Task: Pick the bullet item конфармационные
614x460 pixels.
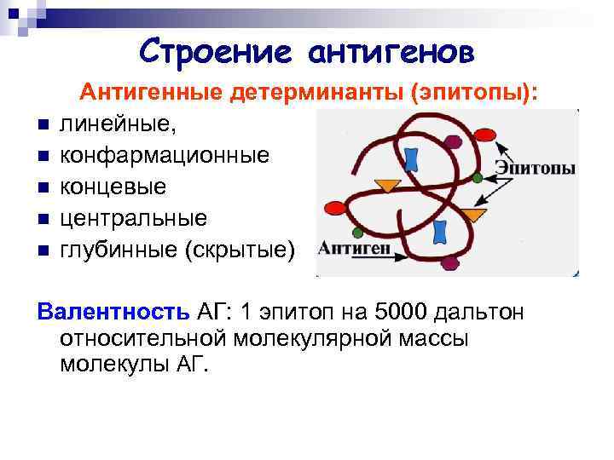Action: point(165,156)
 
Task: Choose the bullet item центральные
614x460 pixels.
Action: point(133,218)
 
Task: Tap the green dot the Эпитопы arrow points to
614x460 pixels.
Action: point(478,178)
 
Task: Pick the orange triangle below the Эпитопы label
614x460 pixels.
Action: point(474,214)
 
